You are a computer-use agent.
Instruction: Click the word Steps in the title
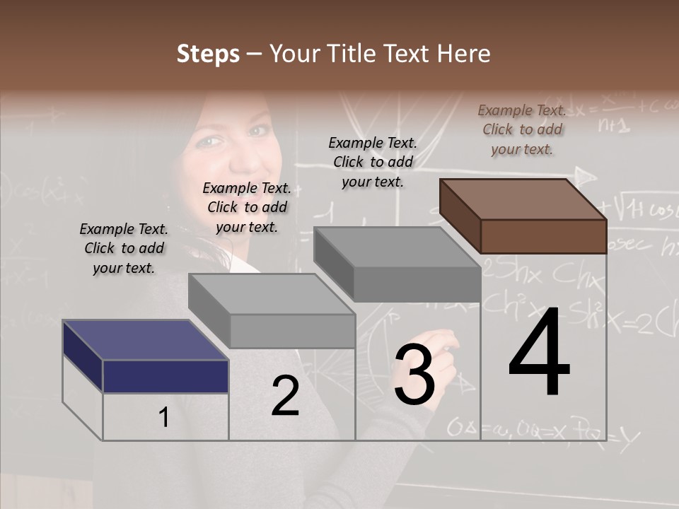click(x=208, y=54)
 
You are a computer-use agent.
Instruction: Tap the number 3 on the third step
click(x=414, y=375)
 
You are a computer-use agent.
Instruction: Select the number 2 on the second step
click(x=285, y=397)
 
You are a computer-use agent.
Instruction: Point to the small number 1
click(x=163, y=418)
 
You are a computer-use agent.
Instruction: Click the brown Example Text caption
click(x=522, y=129)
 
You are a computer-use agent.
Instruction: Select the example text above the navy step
click(x=124, y=248)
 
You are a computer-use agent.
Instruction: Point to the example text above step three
click(x=373, y=162)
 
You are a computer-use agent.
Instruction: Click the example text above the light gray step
click(x=247, y=207)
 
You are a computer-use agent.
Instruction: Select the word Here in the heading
click(x=464, y=54)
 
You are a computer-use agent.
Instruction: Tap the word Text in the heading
click(x=407, y=54)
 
